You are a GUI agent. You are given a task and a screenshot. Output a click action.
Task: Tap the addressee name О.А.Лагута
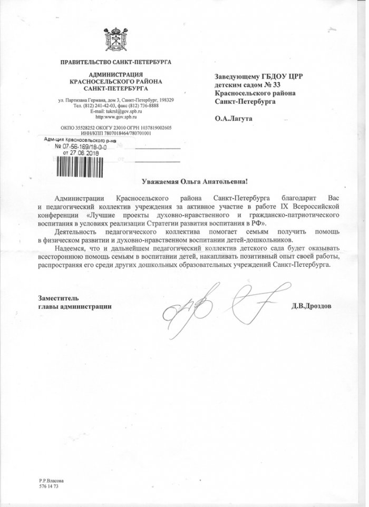pos(233,119)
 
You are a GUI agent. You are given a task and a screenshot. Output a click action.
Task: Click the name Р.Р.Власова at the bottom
pos(51,481)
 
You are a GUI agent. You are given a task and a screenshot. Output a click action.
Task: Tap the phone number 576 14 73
pos(49,487)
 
